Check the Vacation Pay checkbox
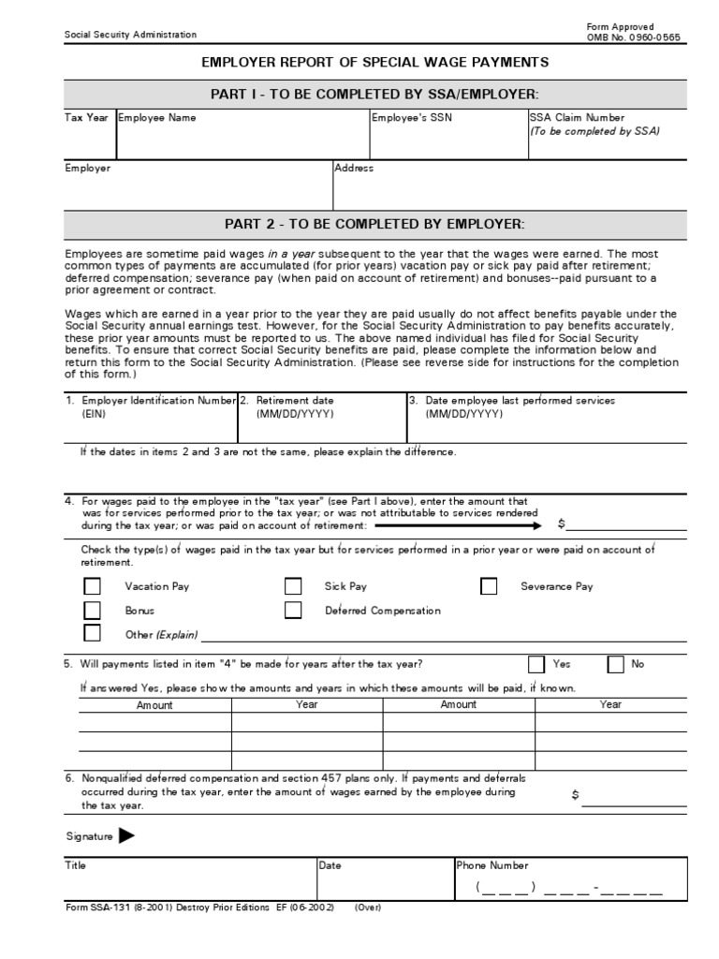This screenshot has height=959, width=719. click(93, 587)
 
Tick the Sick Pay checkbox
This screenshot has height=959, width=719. click(293, 587)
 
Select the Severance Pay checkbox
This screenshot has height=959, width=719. click(489, 587)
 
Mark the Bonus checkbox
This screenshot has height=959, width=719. click(93, 611)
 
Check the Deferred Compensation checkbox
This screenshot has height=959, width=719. click(293, 611)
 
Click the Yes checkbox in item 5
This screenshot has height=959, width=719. click(536, 664)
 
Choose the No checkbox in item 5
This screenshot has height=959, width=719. click(615, 664)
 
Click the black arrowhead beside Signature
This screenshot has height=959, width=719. click(126, 836)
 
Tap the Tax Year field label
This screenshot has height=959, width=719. click(86, 119)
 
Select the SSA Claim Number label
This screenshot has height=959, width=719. click(577, 119)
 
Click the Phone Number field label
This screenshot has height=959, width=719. click(492, 866)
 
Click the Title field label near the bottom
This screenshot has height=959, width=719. click(75, 866)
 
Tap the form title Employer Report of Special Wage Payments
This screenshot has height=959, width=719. click(375, 63)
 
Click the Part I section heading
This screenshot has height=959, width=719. click(375, 95)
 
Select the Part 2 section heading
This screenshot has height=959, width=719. click(375, 224)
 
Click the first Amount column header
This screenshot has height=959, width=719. click(154, 705)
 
